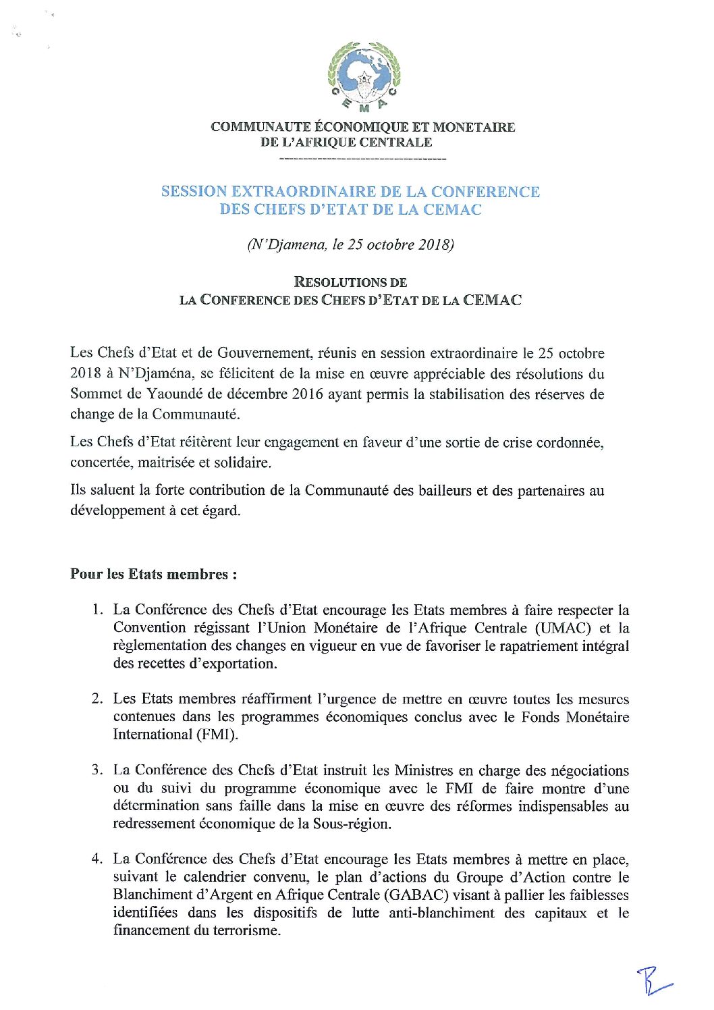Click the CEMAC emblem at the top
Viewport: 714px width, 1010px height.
tap(364, 76)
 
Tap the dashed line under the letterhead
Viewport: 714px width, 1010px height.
tap(362, 159)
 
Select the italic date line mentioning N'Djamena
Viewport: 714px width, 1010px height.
tap(350, 244)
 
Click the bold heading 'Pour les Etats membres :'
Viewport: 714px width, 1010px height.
tap(153, 575)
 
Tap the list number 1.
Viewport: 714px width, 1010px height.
tap(97, 610)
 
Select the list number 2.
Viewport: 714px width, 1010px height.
tap(97, 699)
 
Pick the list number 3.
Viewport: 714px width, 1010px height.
tap(97, 770)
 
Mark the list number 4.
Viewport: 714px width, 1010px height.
tap(97, 859)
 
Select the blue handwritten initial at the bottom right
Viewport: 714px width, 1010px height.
tap(653, 981)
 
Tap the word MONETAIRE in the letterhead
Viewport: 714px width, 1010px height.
tap(474, 127)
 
